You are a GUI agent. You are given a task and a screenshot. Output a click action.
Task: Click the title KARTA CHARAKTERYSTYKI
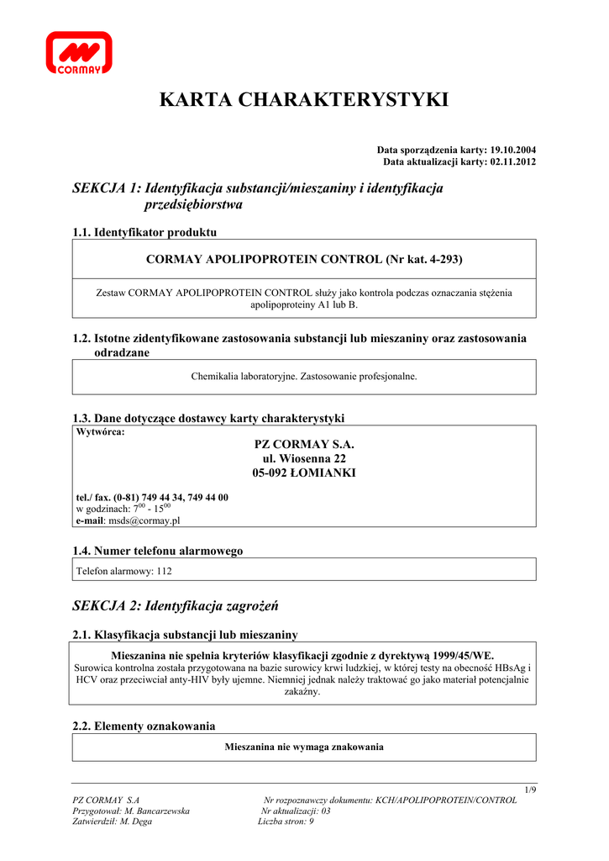click(x=304, y=101)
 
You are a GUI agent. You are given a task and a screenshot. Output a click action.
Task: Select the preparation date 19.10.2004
click(x=512, y=149)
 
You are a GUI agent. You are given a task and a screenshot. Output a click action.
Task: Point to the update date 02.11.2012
click(x=512, y=161)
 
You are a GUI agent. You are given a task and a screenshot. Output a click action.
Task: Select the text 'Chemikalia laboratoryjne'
click(x=244, y=377)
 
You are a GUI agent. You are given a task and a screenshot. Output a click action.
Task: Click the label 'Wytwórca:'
click(x=100, y=432)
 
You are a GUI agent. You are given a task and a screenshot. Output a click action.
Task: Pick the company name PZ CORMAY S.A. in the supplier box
click(x=304, y=444)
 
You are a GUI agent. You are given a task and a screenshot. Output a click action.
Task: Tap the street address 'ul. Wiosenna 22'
click(x=304, y=458)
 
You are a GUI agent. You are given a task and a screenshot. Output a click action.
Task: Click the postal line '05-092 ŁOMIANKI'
click(x=304, y=473)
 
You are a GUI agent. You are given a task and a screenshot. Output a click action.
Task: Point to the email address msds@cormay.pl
click(x=144, y=520)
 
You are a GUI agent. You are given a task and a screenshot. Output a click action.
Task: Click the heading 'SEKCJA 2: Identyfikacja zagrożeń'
click(x=176, y=605)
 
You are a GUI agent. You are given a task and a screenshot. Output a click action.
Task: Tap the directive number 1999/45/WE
click(x=461, y=655)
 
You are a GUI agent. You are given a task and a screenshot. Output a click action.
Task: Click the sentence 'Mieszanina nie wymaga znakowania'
click(x=304, y=747)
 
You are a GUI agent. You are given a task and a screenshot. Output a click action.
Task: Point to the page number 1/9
click(x=529, y=789)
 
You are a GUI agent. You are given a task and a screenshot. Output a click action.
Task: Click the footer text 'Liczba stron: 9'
click(x=286, y=821)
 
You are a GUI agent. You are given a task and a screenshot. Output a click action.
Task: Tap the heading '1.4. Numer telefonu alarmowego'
click(x=158, y=551)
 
